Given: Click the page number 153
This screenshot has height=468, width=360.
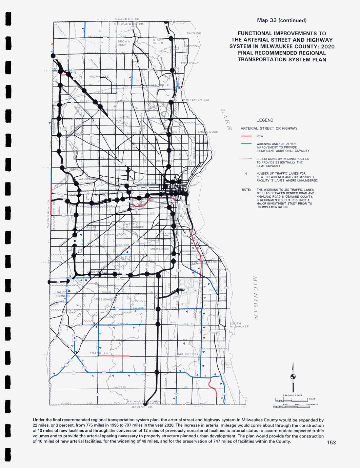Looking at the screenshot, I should [x=331, y=443].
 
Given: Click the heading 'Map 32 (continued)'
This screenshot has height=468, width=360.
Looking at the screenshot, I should [x=282, y=20].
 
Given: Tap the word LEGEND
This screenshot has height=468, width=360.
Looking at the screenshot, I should [x=265, y=120].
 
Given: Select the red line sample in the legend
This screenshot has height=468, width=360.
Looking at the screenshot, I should [x=246, y=136].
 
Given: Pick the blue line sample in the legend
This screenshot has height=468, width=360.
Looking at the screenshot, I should [x=246, y=144].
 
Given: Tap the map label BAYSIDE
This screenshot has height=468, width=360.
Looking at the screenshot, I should [x=194, y=34].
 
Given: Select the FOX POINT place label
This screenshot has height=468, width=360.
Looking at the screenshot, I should [x=190, y=63].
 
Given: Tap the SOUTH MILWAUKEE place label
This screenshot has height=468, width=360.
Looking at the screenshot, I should [x=239, y=325].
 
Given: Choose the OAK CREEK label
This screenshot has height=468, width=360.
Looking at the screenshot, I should [x=186, y=354].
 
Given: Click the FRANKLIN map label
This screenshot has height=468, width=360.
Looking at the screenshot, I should [x=99, y=353].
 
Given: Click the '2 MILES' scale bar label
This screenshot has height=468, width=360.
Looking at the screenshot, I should [x=311, y=399].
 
